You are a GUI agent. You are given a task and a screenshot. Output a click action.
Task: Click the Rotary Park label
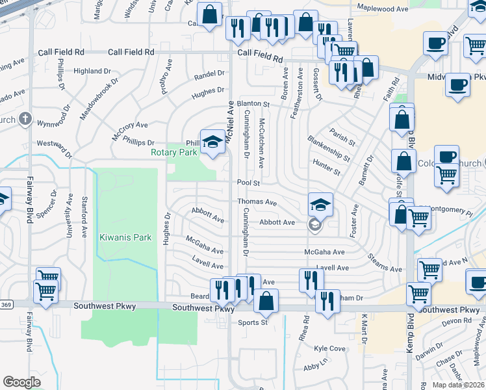[x=173, y=153]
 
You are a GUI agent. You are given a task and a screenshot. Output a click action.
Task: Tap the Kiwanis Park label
[x=125, y=237]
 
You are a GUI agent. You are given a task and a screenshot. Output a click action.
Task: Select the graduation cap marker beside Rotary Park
[x=212, y=143]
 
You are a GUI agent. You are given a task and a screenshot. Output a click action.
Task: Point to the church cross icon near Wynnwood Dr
[x=25, y=119]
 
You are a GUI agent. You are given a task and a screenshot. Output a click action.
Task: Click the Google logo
[x=21, y=382]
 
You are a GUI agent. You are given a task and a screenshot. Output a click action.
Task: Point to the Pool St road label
[x=248, y=183]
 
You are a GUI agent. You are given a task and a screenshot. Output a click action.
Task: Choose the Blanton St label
[x=253, y=103]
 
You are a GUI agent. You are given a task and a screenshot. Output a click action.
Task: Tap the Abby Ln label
[x=315, y=367]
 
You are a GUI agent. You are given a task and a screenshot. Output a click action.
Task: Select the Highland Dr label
[x=92, y=71]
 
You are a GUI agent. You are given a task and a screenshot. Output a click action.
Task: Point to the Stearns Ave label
[x=385, y=268]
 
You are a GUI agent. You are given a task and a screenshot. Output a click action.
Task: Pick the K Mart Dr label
[x=364, y=329]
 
